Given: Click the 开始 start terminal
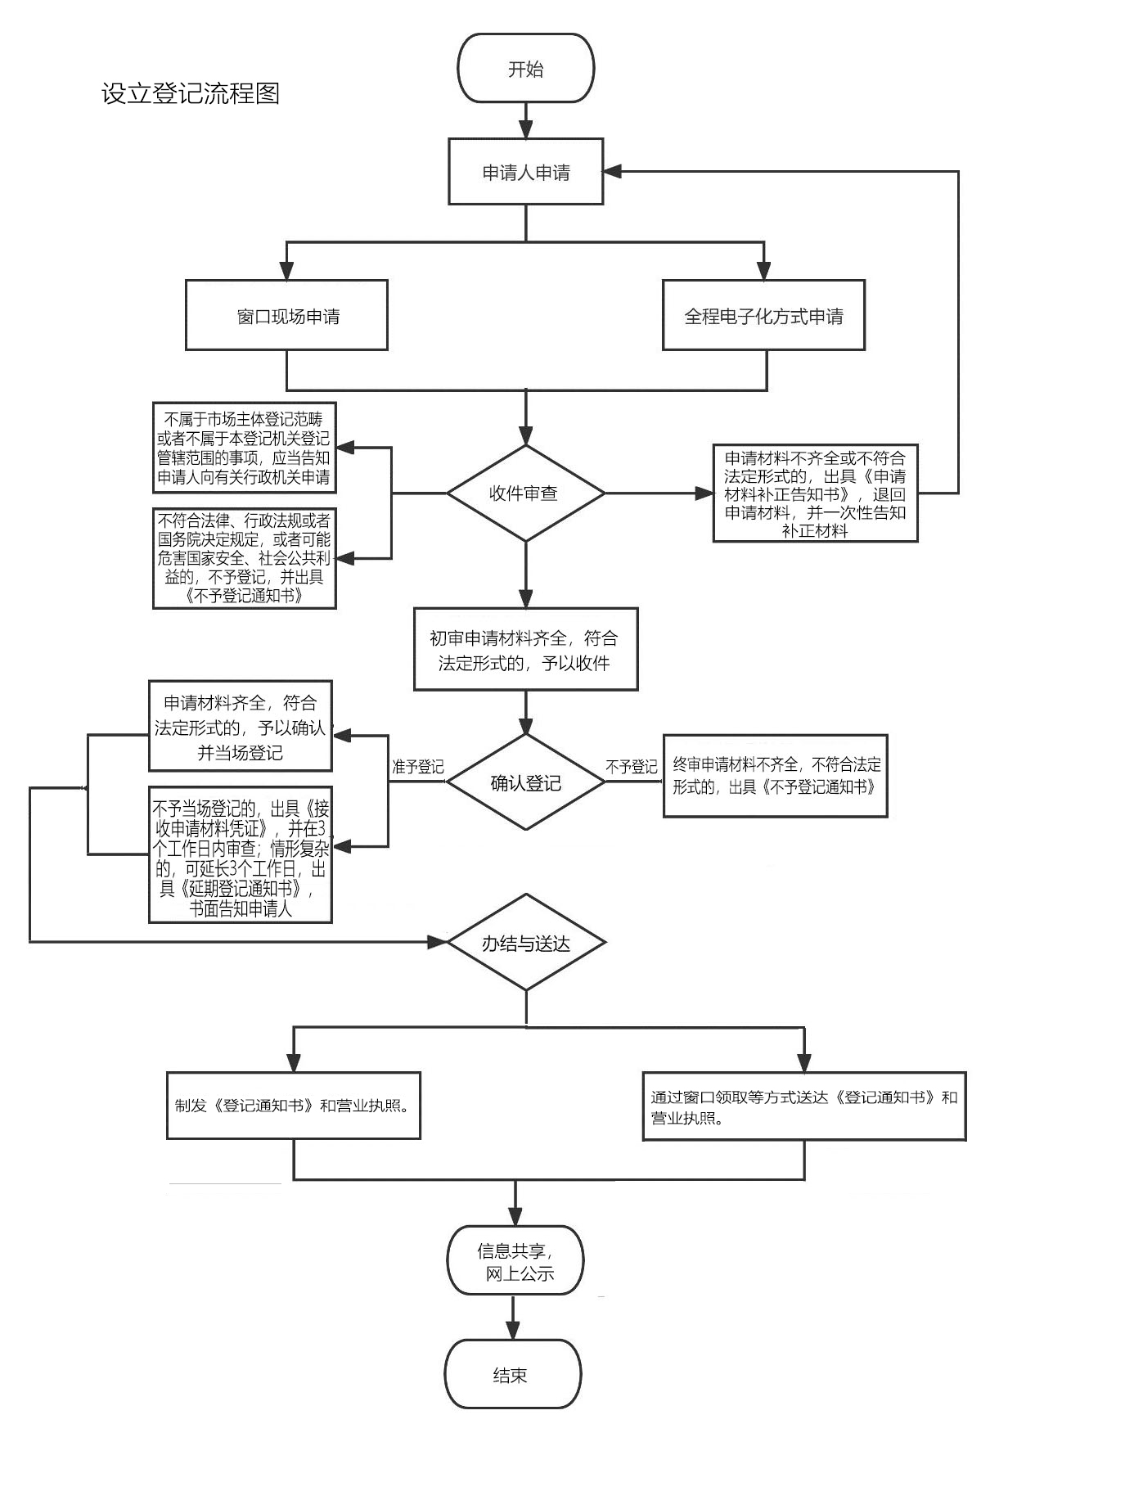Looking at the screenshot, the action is pos(525,68).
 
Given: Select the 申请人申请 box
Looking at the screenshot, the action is pos(525,171).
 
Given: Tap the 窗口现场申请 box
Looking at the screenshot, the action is pos(286,315).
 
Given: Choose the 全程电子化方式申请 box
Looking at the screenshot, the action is pos(763,315).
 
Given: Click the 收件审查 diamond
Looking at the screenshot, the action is pos(525,493).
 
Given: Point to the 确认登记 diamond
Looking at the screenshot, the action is pos(525,782).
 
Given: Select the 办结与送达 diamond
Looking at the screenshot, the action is pos(525,943).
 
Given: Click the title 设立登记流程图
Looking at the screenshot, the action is pos(191,93).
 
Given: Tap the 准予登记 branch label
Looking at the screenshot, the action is pos(418,767).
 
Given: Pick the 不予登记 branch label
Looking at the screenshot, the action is pos(631,767).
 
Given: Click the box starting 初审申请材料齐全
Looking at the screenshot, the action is pos(525,649).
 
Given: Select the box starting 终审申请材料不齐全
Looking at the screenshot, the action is pos(775,775).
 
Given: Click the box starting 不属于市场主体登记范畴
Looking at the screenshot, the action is pos(245,448).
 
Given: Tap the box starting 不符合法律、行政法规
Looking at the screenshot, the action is pos(245,558).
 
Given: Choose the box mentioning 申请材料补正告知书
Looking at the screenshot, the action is pos(815,493).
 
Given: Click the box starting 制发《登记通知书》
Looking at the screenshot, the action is pos(294,1105).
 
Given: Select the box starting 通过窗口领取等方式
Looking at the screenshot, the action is pos(804,1106).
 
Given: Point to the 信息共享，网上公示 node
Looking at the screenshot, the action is pos(515,1260).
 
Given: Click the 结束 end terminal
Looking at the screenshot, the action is pos(513,1374).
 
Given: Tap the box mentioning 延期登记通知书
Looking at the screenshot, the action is pos(241,854).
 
